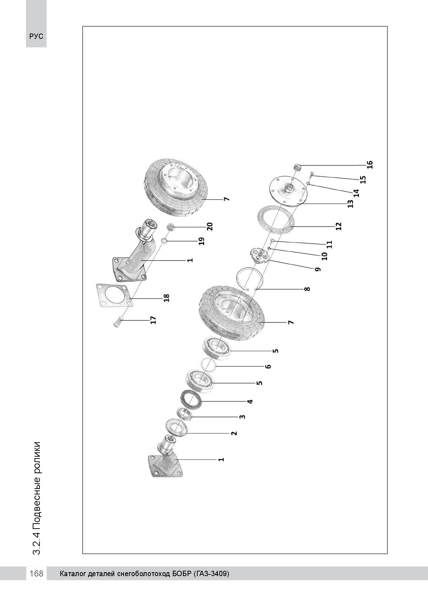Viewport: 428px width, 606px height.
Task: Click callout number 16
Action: [x=370, y=164]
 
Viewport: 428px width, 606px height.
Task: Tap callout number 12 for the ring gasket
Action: [x=339, y=226]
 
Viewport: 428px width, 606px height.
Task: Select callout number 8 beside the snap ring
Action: [x=307, y=289]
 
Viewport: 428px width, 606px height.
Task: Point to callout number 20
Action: [x=210, y=226]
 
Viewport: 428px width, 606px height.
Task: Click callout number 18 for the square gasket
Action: [x=166, y=298]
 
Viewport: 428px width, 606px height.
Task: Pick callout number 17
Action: [x=153, y=320]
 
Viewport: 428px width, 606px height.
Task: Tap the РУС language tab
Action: [x=36, y=36]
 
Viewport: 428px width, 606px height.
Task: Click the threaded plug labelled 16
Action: [x=297, y=167]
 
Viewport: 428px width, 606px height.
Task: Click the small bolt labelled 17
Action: [x=118, y=322]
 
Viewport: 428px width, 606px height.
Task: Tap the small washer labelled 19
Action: [x=164, y=240]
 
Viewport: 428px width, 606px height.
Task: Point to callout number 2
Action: [x=234, y=433]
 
